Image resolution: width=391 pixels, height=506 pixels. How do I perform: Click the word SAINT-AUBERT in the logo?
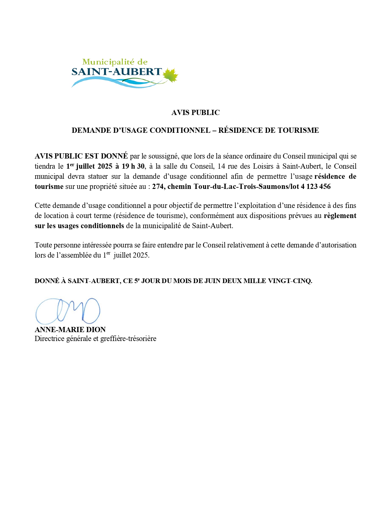point(117,72)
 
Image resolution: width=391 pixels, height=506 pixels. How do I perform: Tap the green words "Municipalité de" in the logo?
point(115,62)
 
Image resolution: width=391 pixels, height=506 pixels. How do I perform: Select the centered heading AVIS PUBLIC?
point(195,113)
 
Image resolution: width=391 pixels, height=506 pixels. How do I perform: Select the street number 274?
point(158,186)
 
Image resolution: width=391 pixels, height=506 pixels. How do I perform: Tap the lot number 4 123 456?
point(316,186)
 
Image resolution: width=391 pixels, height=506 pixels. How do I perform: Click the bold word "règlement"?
point(340,216)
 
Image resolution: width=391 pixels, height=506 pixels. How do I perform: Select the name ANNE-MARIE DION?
point(70,330)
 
